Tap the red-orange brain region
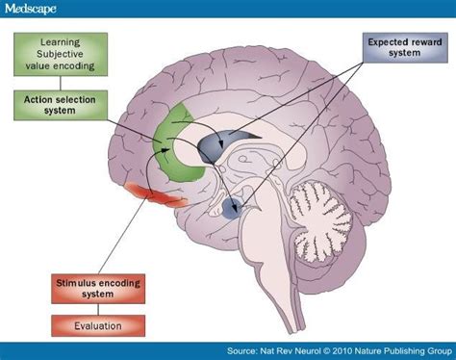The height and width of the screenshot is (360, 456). coord(159,196)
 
